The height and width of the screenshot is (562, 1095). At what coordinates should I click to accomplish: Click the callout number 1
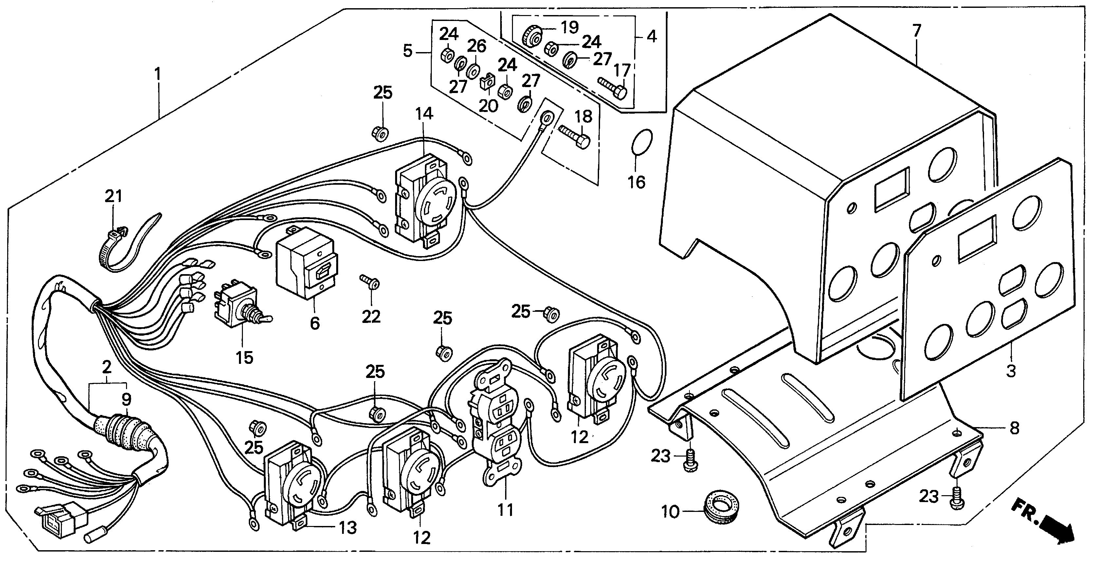click(x=158, y=75)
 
